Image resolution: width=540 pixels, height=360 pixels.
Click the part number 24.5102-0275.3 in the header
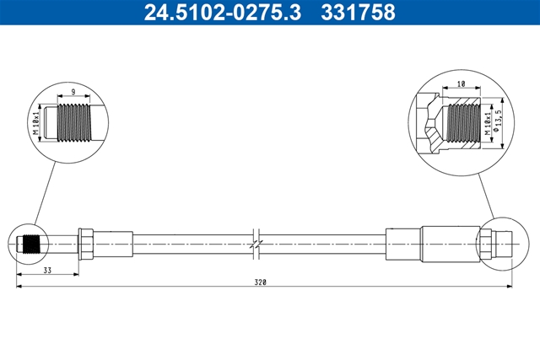click(x=223, y=12)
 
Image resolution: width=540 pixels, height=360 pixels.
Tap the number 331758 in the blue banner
click(x=358, y=12)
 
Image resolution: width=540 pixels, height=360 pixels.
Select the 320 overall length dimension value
click(x=261, y=282)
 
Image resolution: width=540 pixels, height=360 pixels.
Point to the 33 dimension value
click(x=47, y=271)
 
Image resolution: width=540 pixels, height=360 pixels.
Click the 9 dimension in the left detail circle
click(x=73, y=92)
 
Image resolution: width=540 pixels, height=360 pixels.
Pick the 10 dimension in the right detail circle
click(x=462, y=83)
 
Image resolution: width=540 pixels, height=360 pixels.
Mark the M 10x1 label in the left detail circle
click(x=36, y=123)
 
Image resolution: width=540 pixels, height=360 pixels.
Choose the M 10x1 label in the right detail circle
click(x=487, y=124)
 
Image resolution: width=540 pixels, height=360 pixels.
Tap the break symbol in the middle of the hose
click(x=256, y=244)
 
